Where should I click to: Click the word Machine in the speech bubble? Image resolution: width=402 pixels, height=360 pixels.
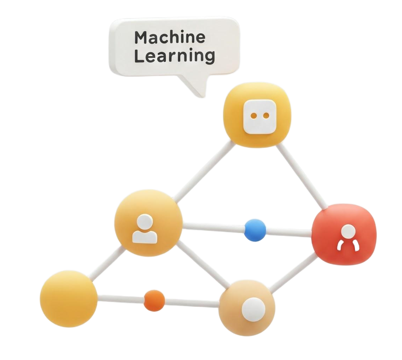click(x=170, y=37)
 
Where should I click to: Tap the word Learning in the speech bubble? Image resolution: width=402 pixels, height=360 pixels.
click(x=174, y=56)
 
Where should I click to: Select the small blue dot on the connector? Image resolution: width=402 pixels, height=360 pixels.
click(x=255, y=230)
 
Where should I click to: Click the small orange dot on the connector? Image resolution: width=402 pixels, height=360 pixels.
click(x=154, y=301)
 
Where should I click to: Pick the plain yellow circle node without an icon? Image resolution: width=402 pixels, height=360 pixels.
click(x=69, y=299)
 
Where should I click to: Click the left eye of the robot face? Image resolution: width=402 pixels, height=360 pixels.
click(x=254, y=115)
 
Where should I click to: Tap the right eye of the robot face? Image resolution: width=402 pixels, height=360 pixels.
click(x=266, y=115)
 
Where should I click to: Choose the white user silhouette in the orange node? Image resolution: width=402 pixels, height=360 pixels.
click(x=145, y=229)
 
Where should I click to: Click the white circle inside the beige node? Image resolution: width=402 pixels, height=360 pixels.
click(x=253, y=309)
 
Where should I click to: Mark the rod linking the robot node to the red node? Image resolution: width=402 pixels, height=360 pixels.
click(x=302, y=176)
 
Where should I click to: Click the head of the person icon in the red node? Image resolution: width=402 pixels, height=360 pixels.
click(x=349, y=231)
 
